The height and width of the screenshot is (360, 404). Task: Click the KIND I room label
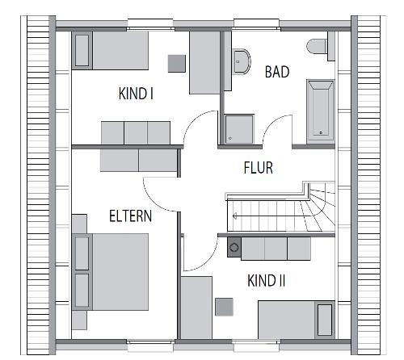coord(136,94)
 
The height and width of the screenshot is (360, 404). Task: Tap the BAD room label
coord(277,72)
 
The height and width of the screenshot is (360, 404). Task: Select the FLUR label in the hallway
coord(258,168)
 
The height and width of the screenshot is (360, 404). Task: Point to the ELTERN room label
coord(131,216)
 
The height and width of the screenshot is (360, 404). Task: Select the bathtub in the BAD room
coord(320,110)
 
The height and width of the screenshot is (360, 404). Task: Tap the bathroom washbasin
coord(240,59)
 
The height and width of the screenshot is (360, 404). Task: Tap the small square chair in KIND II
coord(224,306)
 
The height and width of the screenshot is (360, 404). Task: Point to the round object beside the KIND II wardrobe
coord(234,248)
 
